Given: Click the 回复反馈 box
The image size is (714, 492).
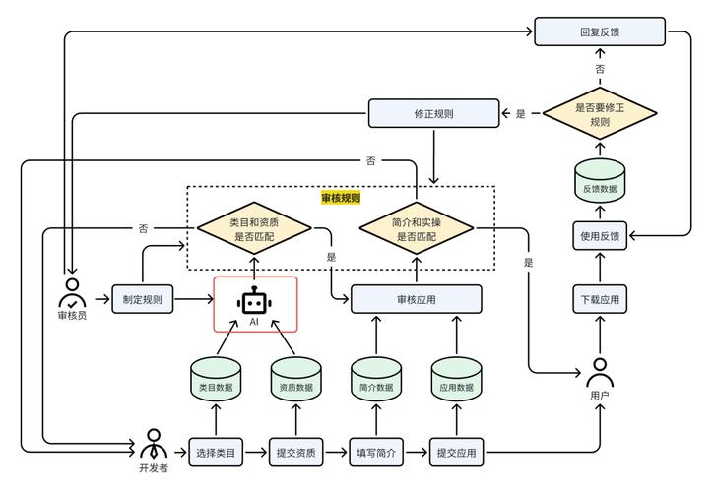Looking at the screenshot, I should pyautogui.click(x=600, y=31).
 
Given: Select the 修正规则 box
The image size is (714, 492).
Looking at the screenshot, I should pyautogui.click(x=433, y=113).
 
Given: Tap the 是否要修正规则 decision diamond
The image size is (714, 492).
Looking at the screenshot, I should pyautogui.click(x=600, y=113).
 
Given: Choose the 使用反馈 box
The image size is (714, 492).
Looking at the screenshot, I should pyautogui.click(x=600, y=235).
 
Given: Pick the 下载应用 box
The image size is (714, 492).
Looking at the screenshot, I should pyautogui.click(x=600, y=299).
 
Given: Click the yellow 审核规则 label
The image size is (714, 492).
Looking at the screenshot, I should pyautogui.click(x=341, y=198).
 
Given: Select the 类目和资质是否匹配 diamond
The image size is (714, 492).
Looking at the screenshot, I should pyautogui.click(x=253, y=229).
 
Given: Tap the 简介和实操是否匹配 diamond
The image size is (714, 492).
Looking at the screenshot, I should pyautogui.click(x=417, y=229).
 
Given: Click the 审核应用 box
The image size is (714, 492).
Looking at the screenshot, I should pyautogui.click(x=417, y=299).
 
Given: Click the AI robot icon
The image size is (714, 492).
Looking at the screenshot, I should pyautogui.click(x=254, y=303).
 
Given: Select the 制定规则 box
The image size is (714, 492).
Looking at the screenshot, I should pyautogui.click(x=143, y=299).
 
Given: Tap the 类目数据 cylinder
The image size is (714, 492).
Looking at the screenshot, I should pyautogui.click(x=216, y=381).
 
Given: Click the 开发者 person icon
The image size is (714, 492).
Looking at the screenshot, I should pyautogui.click(x=154, y=443).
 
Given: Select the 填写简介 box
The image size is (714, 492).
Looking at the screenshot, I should pyautogui.click(x=375, y=453).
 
